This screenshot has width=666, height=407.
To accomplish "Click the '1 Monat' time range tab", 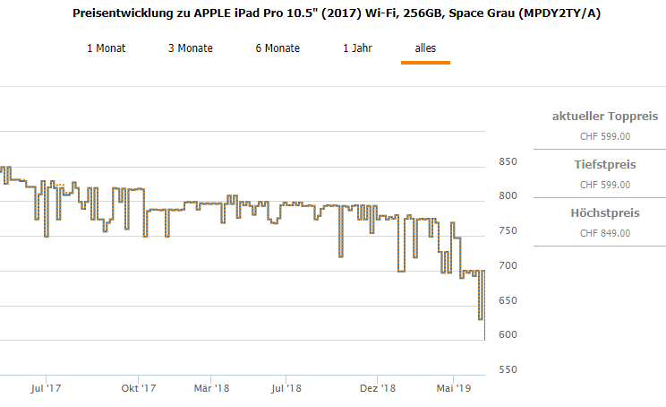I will point(105,48).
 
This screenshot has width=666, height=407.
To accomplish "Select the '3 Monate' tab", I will point(191,48).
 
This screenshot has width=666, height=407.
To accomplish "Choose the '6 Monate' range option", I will point(277,48).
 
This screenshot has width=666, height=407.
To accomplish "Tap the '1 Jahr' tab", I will point(357,48).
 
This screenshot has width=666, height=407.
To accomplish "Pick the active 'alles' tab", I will point(425,48).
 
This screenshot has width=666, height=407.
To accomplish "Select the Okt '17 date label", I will point(139,389).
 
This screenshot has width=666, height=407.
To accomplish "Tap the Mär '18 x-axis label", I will point(212,389).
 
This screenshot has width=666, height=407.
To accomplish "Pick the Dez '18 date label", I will point(378,389).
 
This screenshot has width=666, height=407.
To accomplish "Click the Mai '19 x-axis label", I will point(453,389).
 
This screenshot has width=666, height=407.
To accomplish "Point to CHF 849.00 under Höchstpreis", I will point(605,233).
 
